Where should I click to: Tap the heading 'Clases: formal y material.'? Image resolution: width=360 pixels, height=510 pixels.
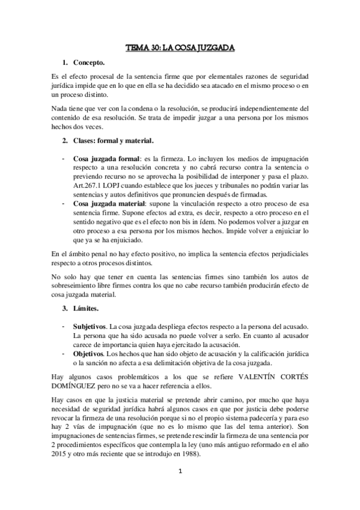[x=114, y=141]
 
